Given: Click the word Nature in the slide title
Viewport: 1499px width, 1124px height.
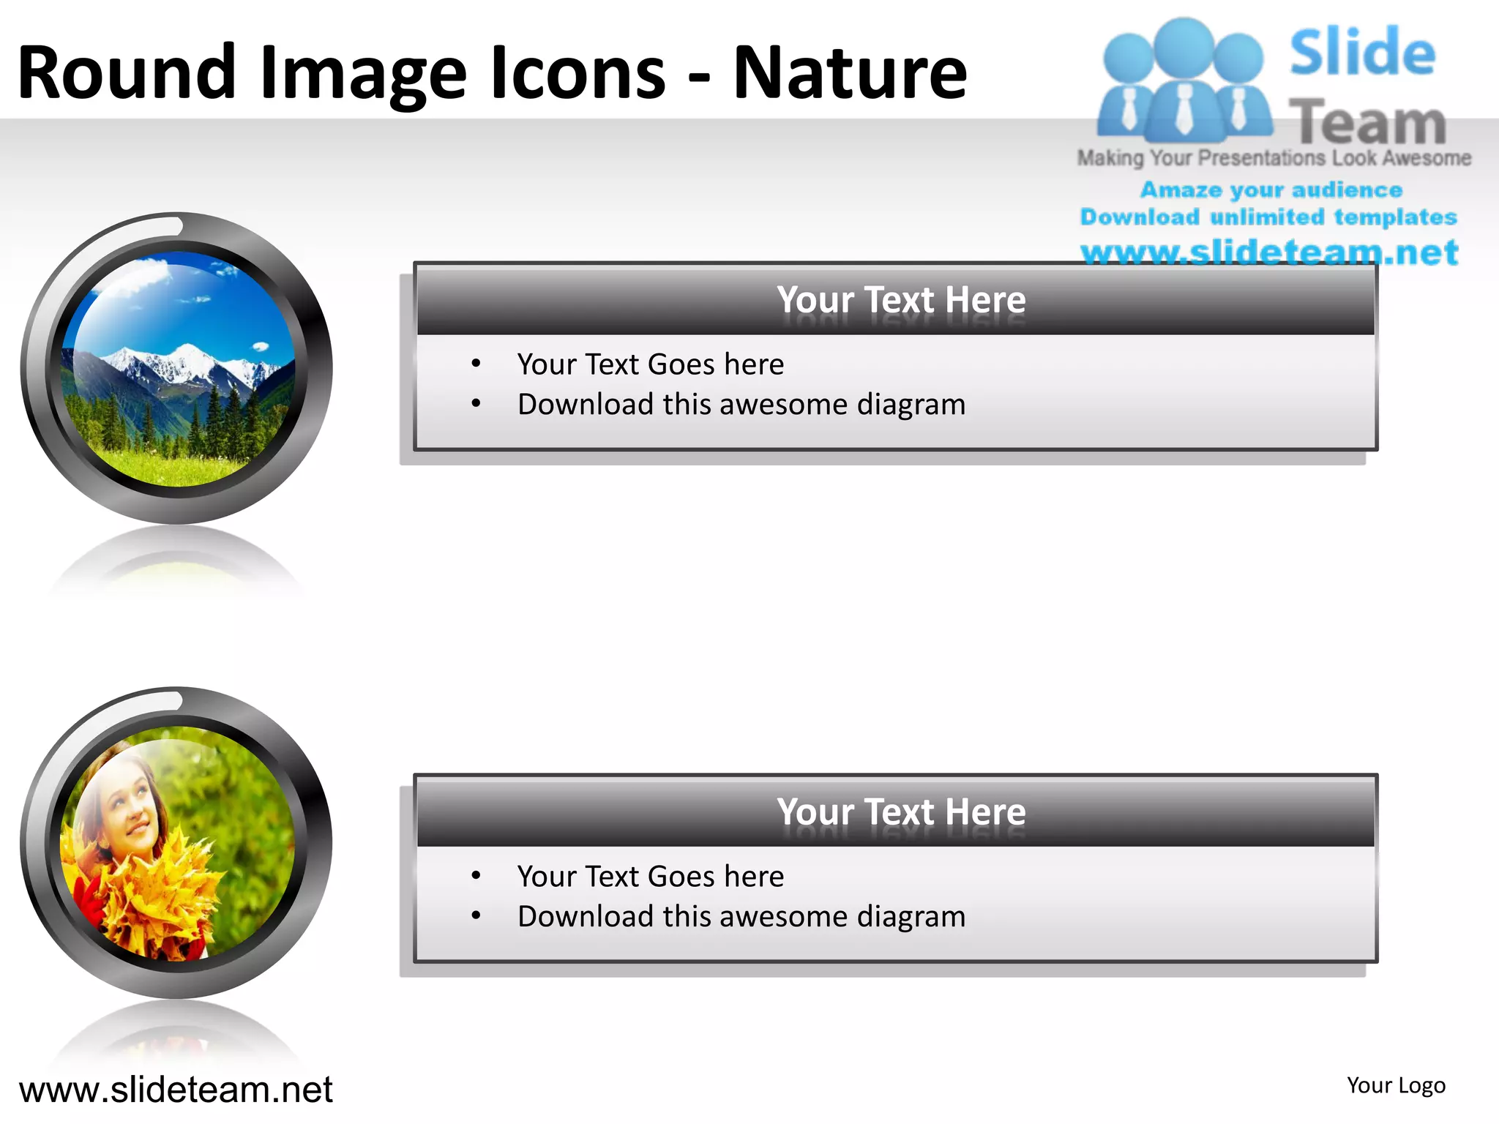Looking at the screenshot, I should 850,72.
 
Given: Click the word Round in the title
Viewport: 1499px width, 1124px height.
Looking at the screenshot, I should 126,72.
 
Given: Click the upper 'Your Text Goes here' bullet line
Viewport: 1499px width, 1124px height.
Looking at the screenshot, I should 650,364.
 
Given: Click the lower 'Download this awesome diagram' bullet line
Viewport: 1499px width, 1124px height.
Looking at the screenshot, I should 741,917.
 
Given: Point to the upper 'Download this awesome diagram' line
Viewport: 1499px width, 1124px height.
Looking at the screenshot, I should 741,405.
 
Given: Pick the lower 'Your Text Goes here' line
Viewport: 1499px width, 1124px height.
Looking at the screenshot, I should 650,877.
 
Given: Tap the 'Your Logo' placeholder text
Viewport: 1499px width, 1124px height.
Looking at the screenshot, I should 1396,1085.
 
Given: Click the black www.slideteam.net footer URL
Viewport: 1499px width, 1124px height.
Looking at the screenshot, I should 176,1090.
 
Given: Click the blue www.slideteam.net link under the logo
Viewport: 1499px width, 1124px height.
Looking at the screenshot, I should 1269,252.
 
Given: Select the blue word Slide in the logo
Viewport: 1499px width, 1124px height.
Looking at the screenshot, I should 1362,53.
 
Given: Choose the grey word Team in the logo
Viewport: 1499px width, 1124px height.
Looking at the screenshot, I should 1367,122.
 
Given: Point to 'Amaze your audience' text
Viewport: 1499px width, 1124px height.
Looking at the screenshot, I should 1271,190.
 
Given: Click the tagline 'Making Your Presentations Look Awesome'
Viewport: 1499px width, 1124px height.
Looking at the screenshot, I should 1274,158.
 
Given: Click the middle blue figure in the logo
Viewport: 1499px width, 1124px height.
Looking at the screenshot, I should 1184,80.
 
